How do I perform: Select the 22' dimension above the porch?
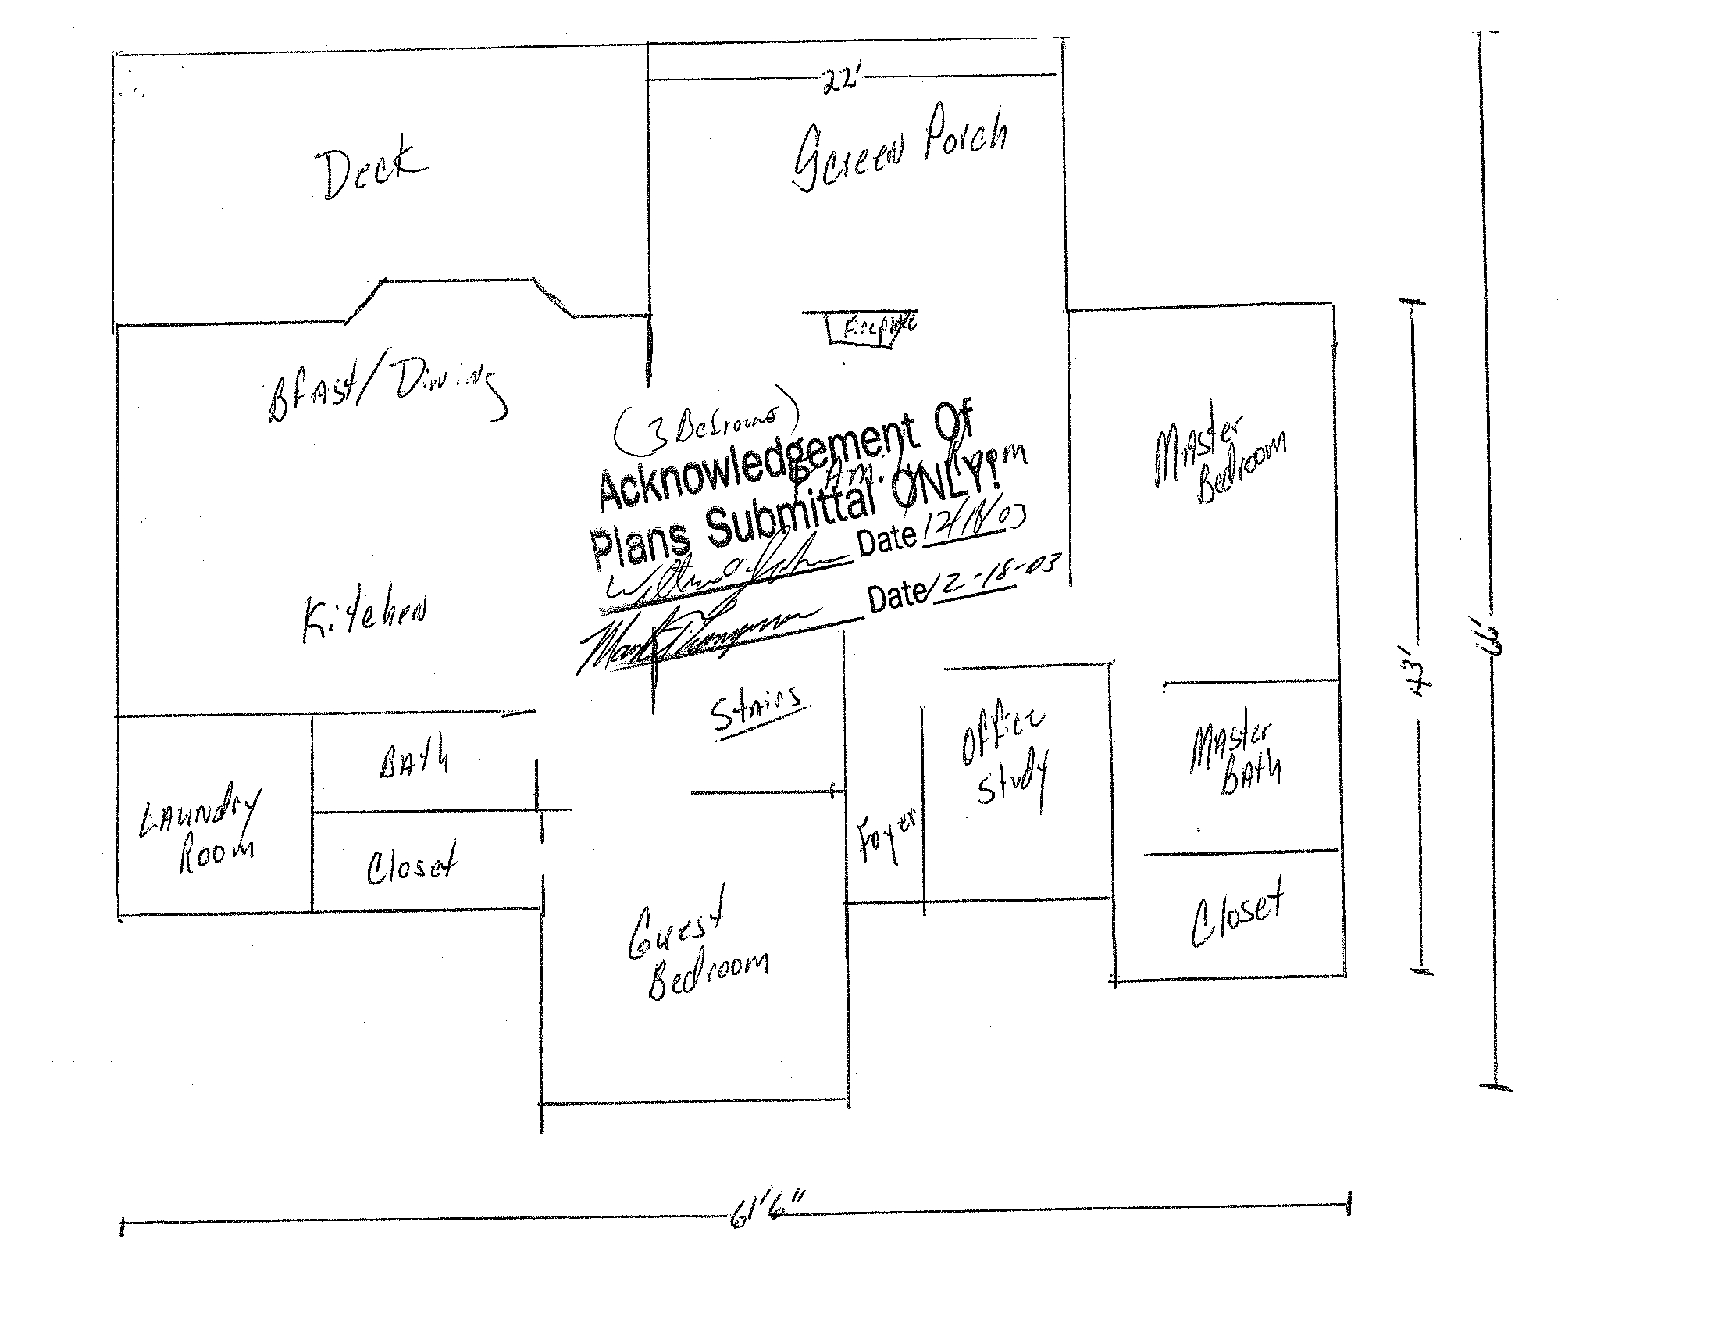pos(839,80)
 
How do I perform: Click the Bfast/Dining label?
pos(386,390)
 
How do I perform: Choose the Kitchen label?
pos(365,618)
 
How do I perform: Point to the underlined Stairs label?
pos(757,710)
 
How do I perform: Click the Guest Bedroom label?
pos(696,949)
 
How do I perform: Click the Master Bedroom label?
pos(1219,460)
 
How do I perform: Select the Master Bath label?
pos(1235,759)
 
